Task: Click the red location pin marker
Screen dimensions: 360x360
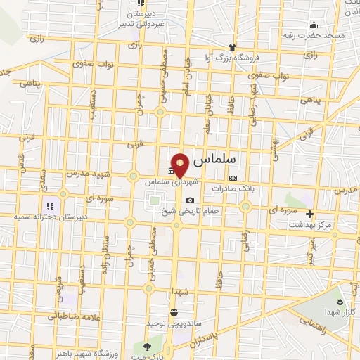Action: (x=180, y=165)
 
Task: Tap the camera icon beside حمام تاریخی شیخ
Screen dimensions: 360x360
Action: (x=190, y=200)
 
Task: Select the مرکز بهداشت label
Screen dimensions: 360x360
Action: (x=310, y=224)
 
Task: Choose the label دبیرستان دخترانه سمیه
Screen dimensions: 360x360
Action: (x=49, y=217)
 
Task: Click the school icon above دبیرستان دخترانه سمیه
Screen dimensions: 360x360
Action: (x=49, y=206)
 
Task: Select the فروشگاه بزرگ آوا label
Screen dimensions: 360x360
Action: (x=233, y=57)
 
